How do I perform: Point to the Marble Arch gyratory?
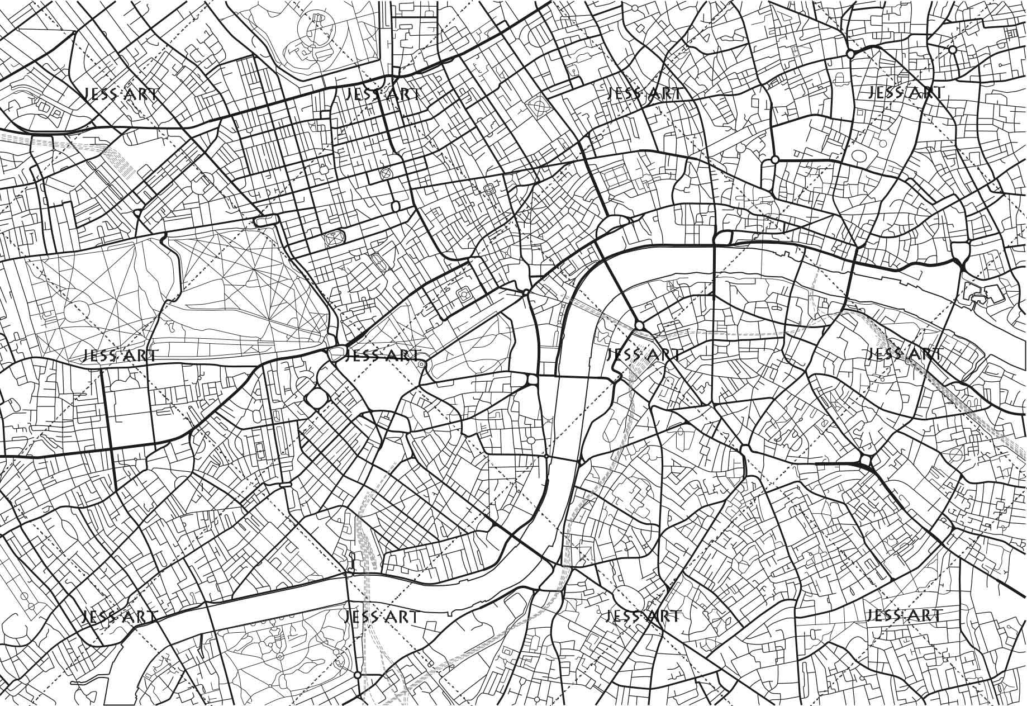click(267, 220)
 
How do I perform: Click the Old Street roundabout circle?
click(850, 54)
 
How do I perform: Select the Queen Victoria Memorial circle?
click(422, 364)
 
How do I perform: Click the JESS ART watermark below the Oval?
click(643, 616)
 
